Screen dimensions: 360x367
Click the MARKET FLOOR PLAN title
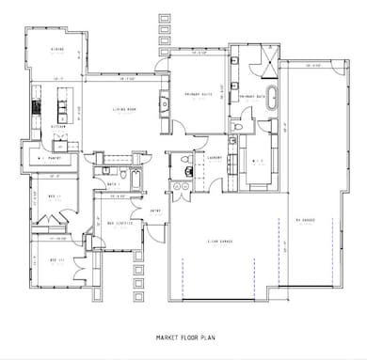pyautogui.click(x=183, y=334)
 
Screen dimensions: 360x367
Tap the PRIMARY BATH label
pyautogui.click(x=260, y=96)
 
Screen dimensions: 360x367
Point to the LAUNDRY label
pyautogui.click(x=214, y=158)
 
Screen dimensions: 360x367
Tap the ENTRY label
pyautogui.click(x=157, y=211)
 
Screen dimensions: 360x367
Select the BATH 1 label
pyautogui.click(x=112, y=184)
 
